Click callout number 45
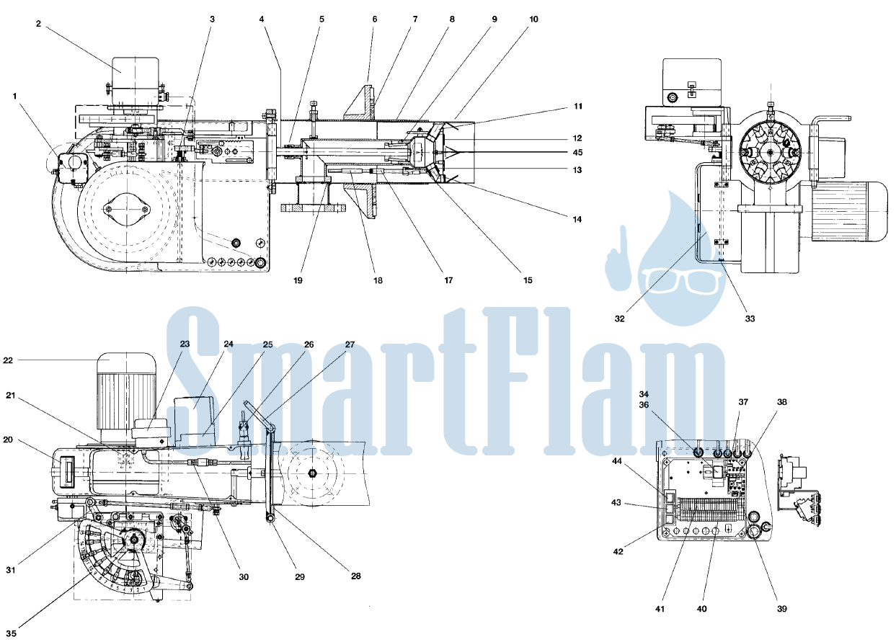[x=577, y=152]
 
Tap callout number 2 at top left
[x=38, y=24]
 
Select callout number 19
[x=298, y=280]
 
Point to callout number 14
[x=577, y=219]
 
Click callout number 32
[x=620, y=318]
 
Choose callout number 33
[x=750, y=318]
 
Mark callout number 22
[x=8, y=360]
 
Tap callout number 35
[x=12, y=633]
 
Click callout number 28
[x=355, y=576]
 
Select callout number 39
[x=782, y=609]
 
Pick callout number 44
[x=617, y=461]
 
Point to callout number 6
[x=375, y=19]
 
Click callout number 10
[x=534, y=19]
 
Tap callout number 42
[x=618, y=552]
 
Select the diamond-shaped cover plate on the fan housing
[x=126, y=210]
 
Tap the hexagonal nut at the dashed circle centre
[x=312, y=473]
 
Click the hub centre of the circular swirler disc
[x=769, y=152]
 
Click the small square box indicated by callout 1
[x=71, y=169]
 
